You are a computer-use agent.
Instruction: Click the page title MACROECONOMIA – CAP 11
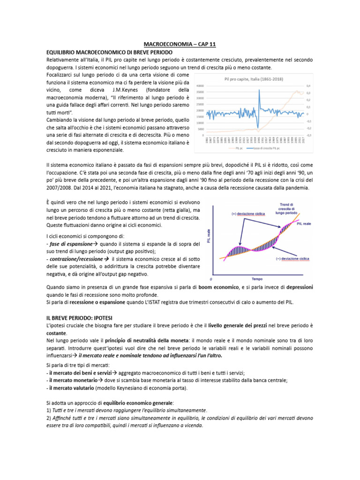tap(180, 44)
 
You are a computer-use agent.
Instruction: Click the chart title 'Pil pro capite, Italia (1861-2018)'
tap(254, 78)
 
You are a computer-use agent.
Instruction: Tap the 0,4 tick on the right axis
tap(308, 86)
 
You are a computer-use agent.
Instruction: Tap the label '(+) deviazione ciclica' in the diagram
tap(248, 213)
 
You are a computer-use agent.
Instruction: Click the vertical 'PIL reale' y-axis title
tap(209, 237)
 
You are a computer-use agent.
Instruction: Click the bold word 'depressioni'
tap(293, 287)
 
